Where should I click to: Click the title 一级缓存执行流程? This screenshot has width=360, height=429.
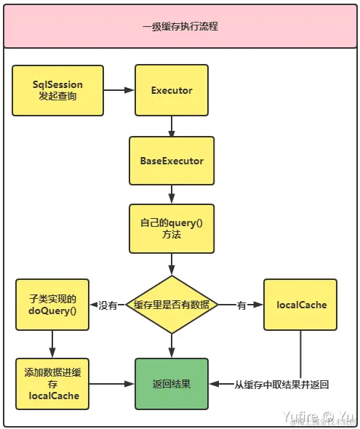point(180,26)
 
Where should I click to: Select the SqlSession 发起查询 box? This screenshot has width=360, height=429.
point(57,91)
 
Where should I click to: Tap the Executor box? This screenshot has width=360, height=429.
point(172,91)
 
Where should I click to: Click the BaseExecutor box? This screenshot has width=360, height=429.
point(172,160)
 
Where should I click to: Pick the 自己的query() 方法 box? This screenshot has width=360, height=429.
point(172,228)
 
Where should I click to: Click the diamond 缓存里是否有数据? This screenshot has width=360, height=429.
point(172,305)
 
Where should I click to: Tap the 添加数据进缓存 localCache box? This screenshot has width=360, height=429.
point(52,383)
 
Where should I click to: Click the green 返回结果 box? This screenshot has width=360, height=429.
point(172,383)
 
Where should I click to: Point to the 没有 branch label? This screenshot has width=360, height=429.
point(108,306)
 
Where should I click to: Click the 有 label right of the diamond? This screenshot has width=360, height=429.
point(241,306)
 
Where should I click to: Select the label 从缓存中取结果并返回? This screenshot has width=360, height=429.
point(281,384)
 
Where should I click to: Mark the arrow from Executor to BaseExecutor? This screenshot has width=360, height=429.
point(172,127)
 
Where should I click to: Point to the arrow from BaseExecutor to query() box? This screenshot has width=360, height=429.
point(172,194)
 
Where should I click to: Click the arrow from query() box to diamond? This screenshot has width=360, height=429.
point(172,263)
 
